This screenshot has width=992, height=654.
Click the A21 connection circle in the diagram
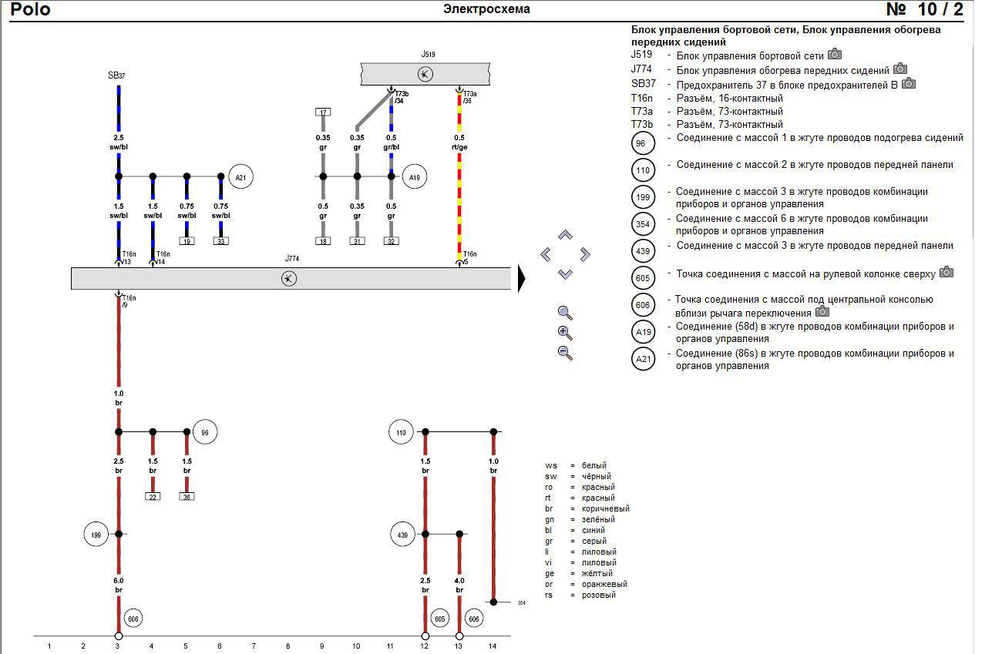[241, 177]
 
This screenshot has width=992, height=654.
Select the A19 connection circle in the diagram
[415, 177]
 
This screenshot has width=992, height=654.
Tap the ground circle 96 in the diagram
[204, 433]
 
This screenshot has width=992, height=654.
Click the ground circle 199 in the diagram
[96, 534]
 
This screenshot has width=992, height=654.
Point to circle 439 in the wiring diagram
[402, 534]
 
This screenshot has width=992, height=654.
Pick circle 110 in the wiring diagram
[401, 433]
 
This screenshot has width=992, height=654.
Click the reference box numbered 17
[323, 112]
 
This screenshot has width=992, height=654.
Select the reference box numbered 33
[220, 241]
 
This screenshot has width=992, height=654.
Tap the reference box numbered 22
[153, 496]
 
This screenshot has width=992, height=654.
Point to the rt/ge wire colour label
[459, 147]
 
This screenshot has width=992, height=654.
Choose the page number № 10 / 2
[924, 9]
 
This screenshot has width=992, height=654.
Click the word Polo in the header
[31, 9]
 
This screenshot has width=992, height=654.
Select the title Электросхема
[486, 9]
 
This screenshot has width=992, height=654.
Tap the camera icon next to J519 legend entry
[835, 55]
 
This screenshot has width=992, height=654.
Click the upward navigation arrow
[565, 235]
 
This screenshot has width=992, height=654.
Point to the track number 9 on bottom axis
[322, 646]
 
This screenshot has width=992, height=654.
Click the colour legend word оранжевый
[604, 584]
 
